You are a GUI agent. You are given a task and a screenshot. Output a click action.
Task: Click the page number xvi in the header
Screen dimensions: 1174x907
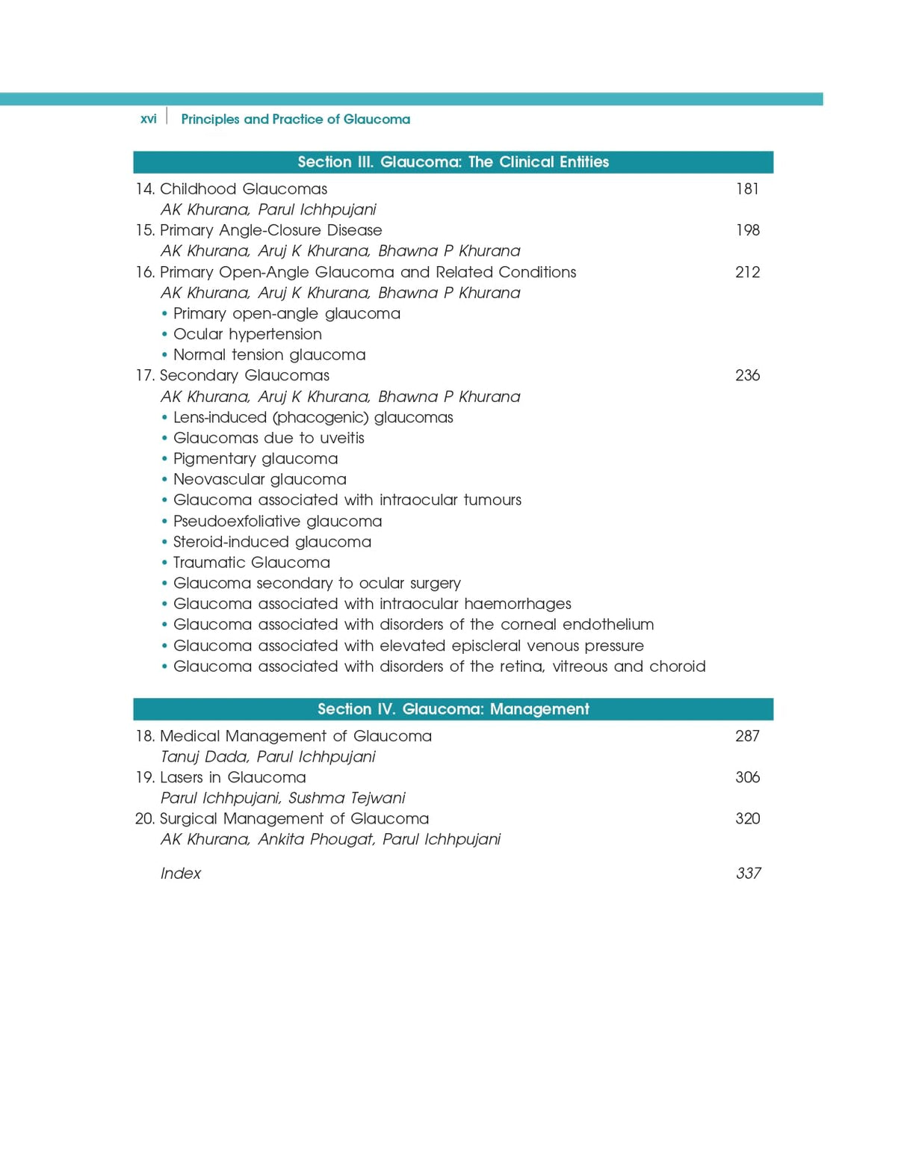click(149, 119)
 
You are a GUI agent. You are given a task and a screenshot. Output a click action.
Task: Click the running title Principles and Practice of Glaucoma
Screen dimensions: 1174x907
click(295, 119)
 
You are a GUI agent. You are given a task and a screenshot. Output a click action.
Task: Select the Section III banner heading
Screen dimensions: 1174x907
click(453, 162)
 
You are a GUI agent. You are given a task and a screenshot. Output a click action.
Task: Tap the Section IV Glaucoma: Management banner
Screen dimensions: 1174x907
click(453, 709)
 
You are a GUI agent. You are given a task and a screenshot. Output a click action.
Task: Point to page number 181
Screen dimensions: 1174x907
click(747, 189)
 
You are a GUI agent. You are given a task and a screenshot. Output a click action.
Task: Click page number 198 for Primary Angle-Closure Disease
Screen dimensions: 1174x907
click(747, 230)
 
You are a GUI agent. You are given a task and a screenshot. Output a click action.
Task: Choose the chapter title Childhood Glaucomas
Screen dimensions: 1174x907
click(243, 189)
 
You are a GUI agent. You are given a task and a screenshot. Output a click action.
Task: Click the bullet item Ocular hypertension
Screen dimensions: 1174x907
click(247, 334)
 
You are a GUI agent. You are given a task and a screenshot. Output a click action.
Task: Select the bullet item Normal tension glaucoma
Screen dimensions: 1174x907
click(269, 355)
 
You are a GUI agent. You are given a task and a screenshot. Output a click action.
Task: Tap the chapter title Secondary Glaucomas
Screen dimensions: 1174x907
click(244, 375)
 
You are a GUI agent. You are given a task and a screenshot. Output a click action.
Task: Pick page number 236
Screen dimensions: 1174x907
click(747, 375)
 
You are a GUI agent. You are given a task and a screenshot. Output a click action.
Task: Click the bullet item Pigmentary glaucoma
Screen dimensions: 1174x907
click(256, 459)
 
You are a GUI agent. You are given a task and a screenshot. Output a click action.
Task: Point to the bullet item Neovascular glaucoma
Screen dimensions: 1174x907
click(259, 479)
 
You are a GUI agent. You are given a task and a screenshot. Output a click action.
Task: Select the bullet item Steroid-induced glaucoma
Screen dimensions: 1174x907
click(272, 542)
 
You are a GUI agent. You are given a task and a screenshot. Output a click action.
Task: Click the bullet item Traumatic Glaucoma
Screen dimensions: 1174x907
click(251, 563)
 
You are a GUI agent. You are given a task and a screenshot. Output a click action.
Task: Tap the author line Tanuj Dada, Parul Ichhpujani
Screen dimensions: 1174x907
click(267, 757)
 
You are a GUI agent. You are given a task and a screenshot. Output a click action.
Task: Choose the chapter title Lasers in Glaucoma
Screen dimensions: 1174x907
click(232, 777)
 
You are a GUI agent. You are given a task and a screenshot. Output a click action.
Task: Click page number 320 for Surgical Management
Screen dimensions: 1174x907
click(747, 818)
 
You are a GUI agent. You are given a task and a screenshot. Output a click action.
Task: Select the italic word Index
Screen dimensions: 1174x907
click(181, 874)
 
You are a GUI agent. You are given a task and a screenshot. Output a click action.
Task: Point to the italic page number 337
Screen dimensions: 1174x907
click(748, 874)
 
